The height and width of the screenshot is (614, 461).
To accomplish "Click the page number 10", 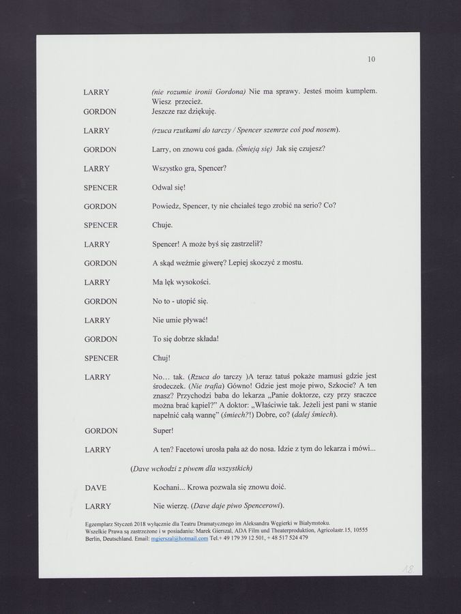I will pyautogui.click(x=371, y=59).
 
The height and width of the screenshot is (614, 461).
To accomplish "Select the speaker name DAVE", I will pyautogui.click(x=95, y=488).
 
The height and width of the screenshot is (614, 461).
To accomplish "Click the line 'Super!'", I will pyautogui.click(x=164, y=430).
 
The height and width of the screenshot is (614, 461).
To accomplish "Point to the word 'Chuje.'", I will pyautogui.click(x=163, y=224).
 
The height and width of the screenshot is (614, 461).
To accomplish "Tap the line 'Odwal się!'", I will pyautogui.click(x=169, y=187).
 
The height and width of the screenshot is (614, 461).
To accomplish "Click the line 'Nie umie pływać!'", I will pyautogui.click(x=180, y=319).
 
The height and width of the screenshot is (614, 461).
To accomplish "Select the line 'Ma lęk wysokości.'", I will pyautogui.click(x=181, y=282).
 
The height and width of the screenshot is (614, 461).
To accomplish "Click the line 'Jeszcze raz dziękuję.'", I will pyautogui.click(x=184, y=111).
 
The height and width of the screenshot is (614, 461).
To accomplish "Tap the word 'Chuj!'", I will pyautogui.click(x=162, y=357).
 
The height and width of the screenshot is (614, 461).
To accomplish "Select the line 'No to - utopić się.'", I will pyautogui.click(x=181, y=301).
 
